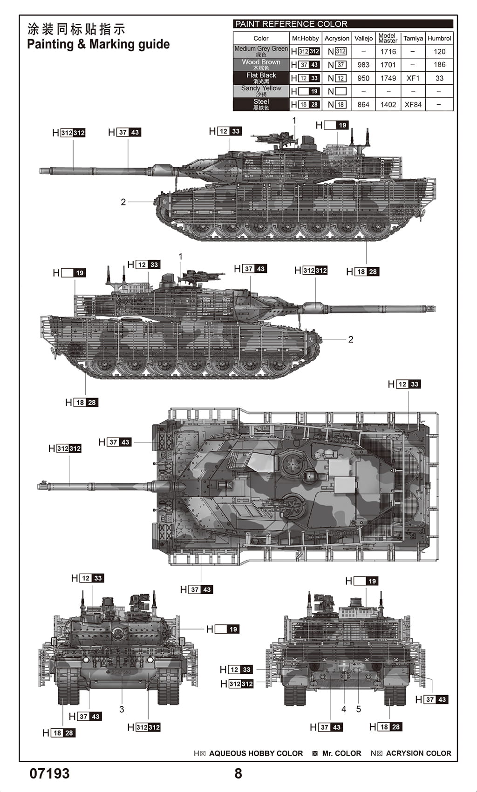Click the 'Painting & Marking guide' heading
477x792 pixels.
coord(98,45)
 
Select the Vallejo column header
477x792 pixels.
coord(363,39)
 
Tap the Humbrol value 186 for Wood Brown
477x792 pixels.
coord(439,65)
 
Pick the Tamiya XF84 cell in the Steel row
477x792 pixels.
coord(413,105)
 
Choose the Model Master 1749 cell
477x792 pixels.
coord(388,78)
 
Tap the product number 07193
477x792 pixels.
coord(49,773)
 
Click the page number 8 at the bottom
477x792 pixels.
coord(238,773)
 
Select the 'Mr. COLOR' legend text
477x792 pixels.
coord(341,753)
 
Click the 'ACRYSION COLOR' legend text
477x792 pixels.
coord(418,753)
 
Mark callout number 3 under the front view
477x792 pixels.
coord(122,709)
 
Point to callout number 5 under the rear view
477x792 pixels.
coord(359,709)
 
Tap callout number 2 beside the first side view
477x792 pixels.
coord(123,202)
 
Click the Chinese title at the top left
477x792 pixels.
coord(76,29)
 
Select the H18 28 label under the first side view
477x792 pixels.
coord(363,271)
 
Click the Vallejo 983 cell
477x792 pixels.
coord(363,65)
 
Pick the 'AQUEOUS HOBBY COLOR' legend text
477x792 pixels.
coord(256,753)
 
